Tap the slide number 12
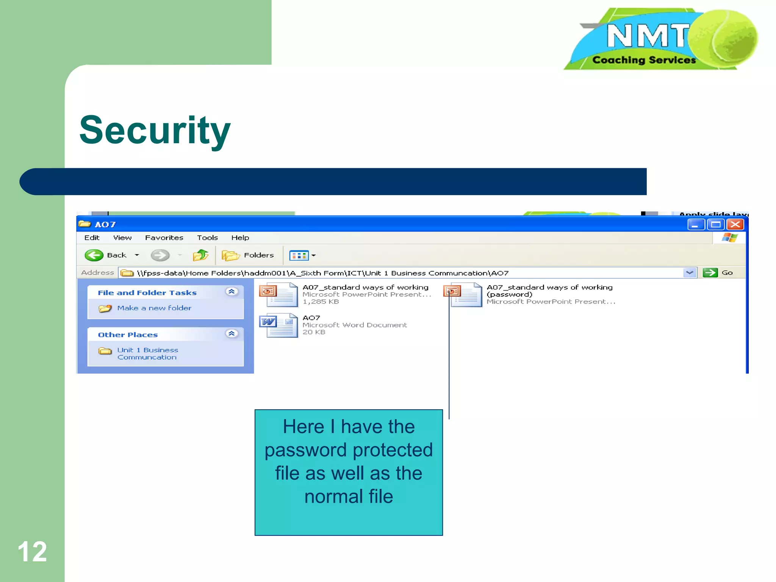tap(32, 552)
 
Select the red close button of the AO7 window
tap(735, 225)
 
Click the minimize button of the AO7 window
tap(696, 225)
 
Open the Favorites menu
tap(164, 238)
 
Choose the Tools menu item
tap(207, 238)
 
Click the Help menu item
tap(240, 238)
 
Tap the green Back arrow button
tap(94, 255)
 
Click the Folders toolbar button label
tap(259, 255)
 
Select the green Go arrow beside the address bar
tap(710, 273)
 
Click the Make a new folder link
tap(154, 308)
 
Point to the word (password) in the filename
tap(510, 294)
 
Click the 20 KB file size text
tap(314, 332)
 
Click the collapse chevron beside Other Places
tap(232, 333)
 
